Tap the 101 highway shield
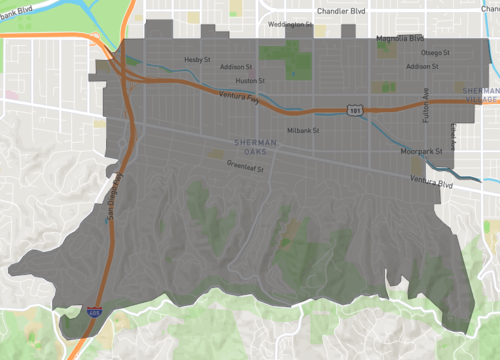[x=356, y=109]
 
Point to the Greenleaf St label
[x=244, y=166]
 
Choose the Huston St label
[x=250, y=80]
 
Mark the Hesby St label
[x=199, y=59]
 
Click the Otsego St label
[x=435, y=52]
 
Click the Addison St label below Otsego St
[x=424, y=66]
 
